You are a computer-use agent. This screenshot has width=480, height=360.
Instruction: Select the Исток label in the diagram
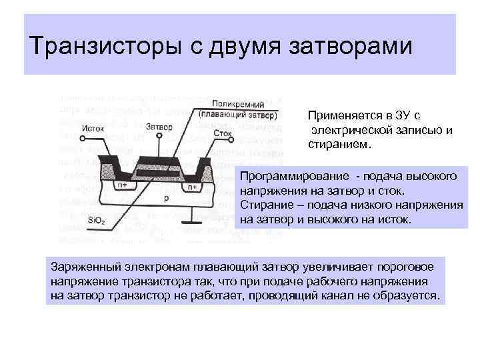pyautogui.click(x=96, y=129)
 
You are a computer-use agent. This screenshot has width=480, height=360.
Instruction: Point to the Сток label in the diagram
pyautogui.click(x=223, y=133)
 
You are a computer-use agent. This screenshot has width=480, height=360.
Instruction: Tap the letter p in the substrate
pyautogui.click(x=165, y=198)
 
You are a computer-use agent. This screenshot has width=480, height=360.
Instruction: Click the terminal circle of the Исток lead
pyautogui.click(x=82, y=139)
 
